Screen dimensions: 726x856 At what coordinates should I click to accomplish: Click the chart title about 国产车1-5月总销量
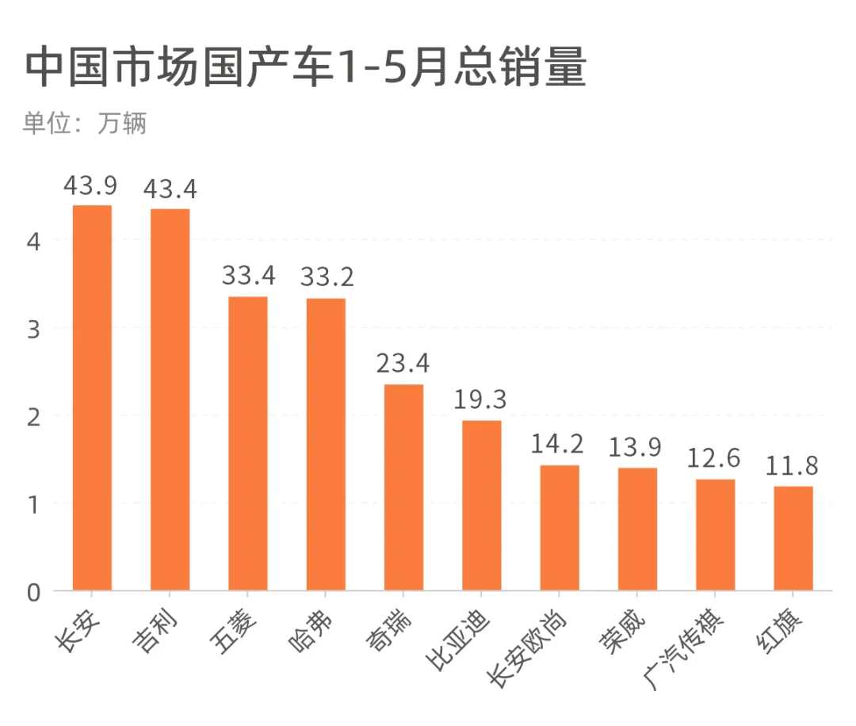(305, 70)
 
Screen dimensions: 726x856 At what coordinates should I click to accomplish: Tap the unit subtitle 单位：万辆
(85, 124)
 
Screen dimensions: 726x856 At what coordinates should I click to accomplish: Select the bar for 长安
(92, 397)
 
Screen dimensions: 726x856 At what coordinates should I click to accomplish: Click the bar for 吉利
(170, 399)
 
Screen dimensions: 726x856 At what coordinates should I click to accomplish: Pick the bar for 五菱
(247, 443)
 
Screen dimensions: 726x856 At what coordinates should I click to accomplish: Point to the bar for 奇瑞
(403, 487)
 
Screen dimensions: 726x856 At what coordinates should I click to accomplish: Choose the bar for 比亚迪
(481, 505)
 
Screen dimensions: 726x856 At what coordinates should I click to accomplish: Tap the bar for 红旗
(793, 538)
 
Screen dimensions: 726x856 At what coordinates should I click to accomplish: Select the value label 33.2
(326, 277)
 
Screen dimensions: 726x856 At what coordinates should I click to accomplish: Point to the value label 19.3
(480, 399)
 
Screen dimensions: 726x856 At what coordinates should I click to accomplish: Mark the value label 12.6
(714, 458)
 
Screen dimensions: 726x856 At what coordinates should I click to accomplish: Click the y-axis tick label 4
(33, 240)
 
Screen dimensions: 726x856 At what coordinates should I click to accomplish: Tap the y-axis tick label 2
(33, 416)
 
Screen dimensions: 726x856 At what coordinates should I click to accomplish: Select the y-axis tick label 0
(33, 592)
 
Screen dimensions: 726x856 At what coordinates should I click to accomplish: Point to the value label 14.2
(558, 444)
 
